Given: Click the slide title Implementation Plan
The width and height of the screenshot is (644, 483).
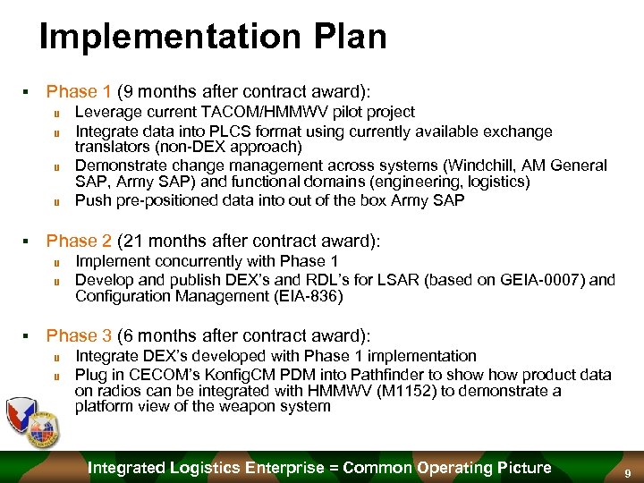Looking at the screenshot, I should click(x=213, y=37).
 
